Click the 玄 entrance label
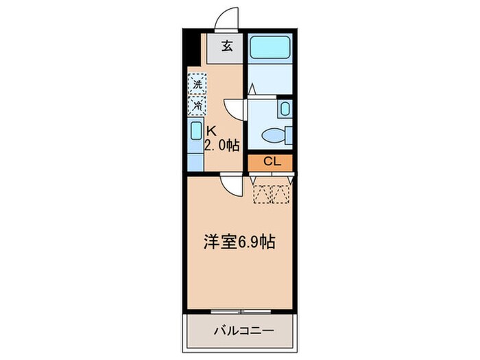click(227, 47)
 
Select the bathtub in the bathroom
click(269, 48)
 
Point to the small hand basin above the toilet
click(285, 108)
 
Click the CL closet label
click(269, 163)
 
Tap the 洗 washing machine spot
click(197, 85)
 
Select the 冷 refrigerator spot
click(197, 105)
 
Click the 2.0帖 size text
click(221, 145)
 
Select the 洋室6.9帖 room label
click(239, 242)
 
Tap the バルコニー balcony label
click(240, 331)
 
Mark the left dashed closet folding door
click(263, 193)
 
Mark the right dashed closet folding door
click(281, 193)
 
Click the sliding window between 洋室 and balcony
click(240, 311)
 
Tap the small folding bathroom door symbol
click(252, 90)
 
